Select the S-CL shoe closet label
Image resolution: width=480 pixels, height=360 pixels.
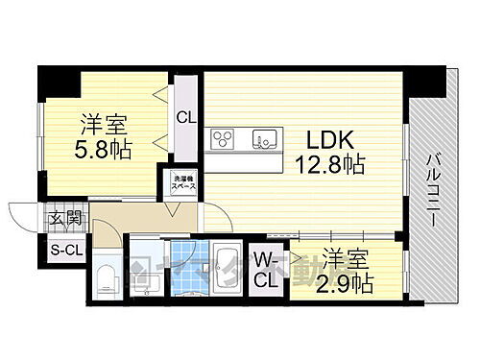coord(60,252)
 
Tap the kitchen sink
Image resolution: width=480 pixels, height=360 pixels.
coord(263,140)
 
